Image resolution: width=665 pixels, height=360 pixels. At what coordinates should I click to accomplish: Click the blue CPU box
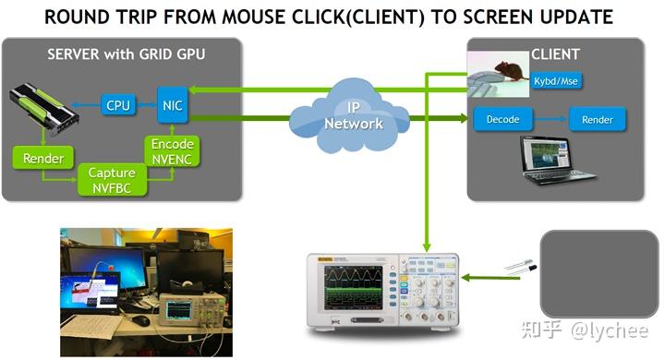(x=118, y=105)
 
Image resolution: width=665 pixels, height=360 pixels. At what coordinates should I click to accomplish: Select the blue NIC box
(x=172, y=104)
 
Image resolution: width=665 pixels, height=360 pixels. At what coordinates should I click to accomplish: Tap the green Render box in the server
(x=42, y=158)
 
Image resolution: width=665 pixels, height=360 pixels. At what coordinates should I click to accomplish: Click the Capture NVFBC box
(x=112, y=179)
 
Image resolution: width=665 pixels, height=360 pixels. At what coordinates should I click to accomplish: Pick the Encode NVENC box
(x=173, y=150)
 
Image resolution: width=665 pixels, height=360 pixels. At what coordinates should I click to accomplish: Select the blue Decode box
(x=502, y=119)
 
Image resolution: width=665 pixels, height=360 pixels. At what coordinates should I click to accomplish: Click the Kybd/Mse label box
(x=557, y=80)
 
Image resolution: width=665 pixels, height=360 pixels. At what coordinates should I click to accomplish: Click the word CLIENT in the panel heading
(x=556, y=54)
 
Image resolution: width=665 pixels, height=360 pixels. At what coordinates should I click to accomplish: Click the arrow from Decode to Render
(x=550, y=119)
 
